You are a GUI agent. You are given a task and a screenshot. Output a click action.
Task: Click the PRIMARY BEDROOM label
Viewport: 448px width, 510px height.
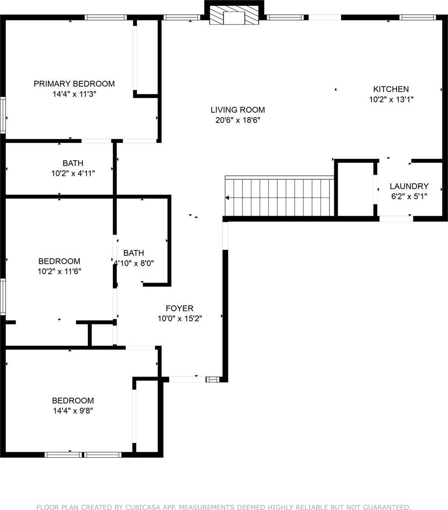[74, 84]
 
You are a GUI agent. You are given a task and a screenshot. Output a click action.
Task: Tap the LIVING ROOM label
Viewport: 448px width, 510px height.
[237, 110]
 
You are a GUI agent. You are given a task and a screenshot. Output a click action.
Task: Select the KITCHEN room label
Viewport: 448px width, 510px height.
[391, 89]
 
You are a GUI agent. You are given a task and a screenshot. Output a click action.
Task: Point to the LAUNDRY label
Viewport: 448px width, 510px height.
[409, 186]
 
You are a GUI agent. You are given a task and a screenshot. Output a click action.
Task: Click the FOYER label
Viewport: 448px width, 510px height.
[179, 309]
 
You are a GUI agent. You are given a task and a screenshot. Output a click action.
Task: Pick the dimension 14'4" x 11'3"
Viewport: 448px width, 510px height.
[74, 94]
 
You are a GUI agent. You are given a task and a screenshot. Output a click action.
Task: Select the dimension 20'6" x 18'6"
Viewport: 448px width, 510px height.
[237, 120]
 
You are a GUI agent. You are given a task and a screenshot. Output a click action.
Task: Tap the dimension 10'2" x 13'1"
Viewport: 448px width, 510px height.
[391, 100]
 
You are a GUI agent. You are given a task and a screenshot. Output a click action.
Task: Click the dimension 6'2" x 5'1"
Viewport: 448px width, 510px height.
[409, 197]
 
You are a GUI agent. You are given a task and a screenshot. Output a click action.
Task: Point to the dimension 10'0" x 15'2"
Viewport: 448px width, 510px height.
[179, 319]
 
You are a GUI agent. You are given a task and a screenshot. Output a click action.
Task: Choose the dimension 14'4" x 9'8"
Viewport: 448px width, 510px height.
[73, 411]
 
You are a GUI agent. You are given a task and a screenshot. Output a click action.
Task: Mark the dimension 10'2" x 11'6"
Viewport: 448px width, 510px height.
[59, 272]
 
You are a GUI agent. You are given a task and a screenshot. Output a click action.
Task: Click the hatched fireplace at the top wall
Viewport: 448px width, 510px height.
[234, 16]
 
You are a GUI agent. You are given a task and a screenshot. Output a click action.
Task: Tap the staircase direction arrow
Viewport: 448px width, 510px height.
[228, 198]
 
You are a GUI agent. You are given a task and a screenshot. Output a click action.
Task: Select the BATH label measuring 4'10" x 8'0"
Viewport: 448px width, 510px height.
[133, 253]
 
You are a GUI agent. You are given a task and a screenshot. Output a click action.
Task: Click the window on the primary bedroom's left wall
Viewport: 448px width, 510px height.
[3, 115]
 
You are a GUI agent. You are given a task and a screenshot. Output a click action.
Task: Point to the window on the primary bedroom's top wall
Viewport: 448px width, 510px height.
[105, 17]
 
